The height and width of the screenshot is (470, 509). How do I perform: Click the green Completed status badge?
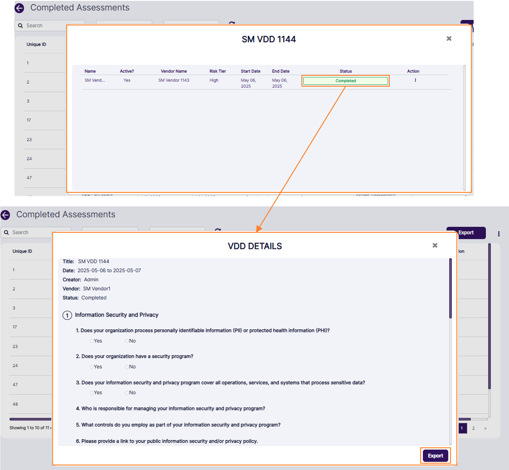coord(345,81)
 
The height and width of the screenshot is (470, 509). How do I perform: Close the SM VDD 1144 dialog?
coord(449,39)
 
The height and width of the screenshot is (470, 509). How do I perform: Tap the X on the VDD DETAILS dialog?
coord(435,245)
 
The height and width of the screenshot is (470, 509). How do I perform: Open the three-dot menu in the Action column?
coord(415,80)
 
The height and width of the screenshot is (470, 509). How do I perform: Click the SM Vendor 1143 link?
coord(174,80)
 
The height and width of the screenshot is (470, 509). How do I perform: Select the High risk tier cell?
coord(214,80)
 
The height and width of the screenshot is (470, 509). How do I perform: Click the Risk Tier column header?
coord(218,71)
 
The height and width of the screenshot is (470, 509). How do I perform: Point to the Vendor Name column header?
coord(174,71)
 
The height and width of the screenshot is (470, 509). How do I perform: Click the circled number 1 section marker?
coord(67,315)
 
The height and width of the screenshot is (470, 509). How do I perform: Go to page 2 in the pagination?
coord(473,428)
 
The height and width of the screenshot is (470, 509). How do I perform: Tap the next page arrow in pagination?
coord(485,428)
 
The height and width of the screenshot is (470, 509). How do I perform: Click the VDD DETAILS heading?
coord(255,246)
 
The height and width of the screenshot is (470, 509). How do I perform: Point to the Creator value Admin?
coord(91,279)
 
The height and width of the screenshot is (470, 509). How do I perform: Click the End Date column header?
coord(281,71)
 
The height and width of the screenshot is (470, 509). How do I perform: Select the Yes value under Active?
coord(127,80)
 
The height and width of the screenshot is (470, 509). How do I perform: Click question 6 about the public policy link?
coord(170,441)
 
